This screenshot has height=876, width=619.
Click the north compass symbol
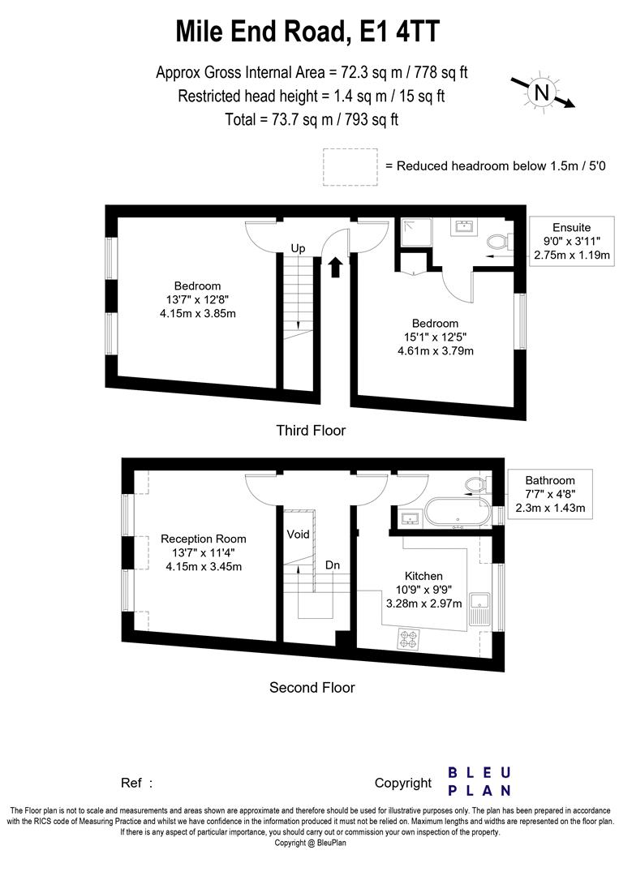(541, 92)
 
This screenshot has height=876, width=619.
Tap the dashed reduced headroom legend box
(350, 166)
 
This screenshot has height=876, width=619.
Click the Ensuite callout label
(571, 241)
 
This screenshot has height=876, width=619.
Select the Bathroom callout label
(549, 495)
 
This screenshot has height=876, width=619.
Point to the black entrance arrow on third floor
(336, 266)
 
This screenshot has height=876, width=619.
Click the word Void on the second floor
(298, 535)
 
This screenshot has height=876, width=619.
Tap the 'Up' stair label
(298, 249)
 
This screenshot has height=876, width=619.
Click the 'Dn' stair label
(333, 564)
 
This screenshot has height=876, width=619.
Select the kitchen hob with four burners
(408, 638)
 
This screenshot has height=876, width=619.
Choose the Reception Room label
(203, 539)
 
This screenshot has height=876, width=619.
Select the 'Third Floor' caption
(311, 431)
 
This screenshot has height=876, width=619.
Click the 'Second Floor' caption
(312, 688)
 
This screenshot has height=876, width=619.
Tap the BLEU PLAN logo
(479, 780)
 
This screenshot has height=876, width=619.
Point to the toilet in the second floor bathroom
(475, 485)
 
